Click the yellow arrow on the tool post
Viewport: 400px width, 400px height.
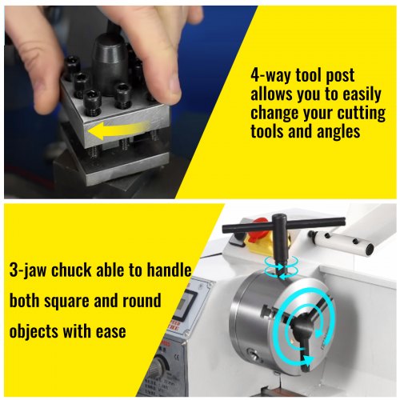coord(118,130)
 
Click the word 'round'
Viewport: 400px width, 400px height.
coord(142,301)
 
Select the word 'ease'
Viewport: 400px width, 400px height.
coord(111,331)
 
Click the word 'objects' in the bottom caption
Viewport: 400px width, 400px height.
coord(33,332)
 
